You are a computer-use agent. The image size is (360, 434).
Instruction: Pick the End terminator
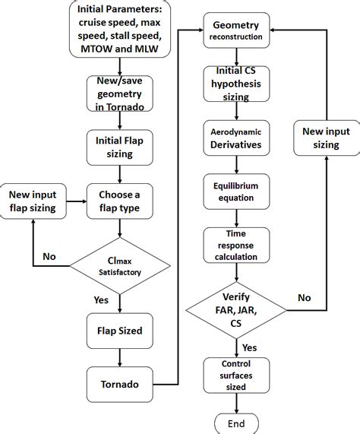[236, 423]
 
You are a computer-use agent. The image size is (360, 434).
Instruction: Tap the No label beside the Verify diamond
[303, 299]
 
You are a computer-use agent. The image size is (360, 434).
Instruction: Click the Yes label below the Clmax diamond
[100, 299]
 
